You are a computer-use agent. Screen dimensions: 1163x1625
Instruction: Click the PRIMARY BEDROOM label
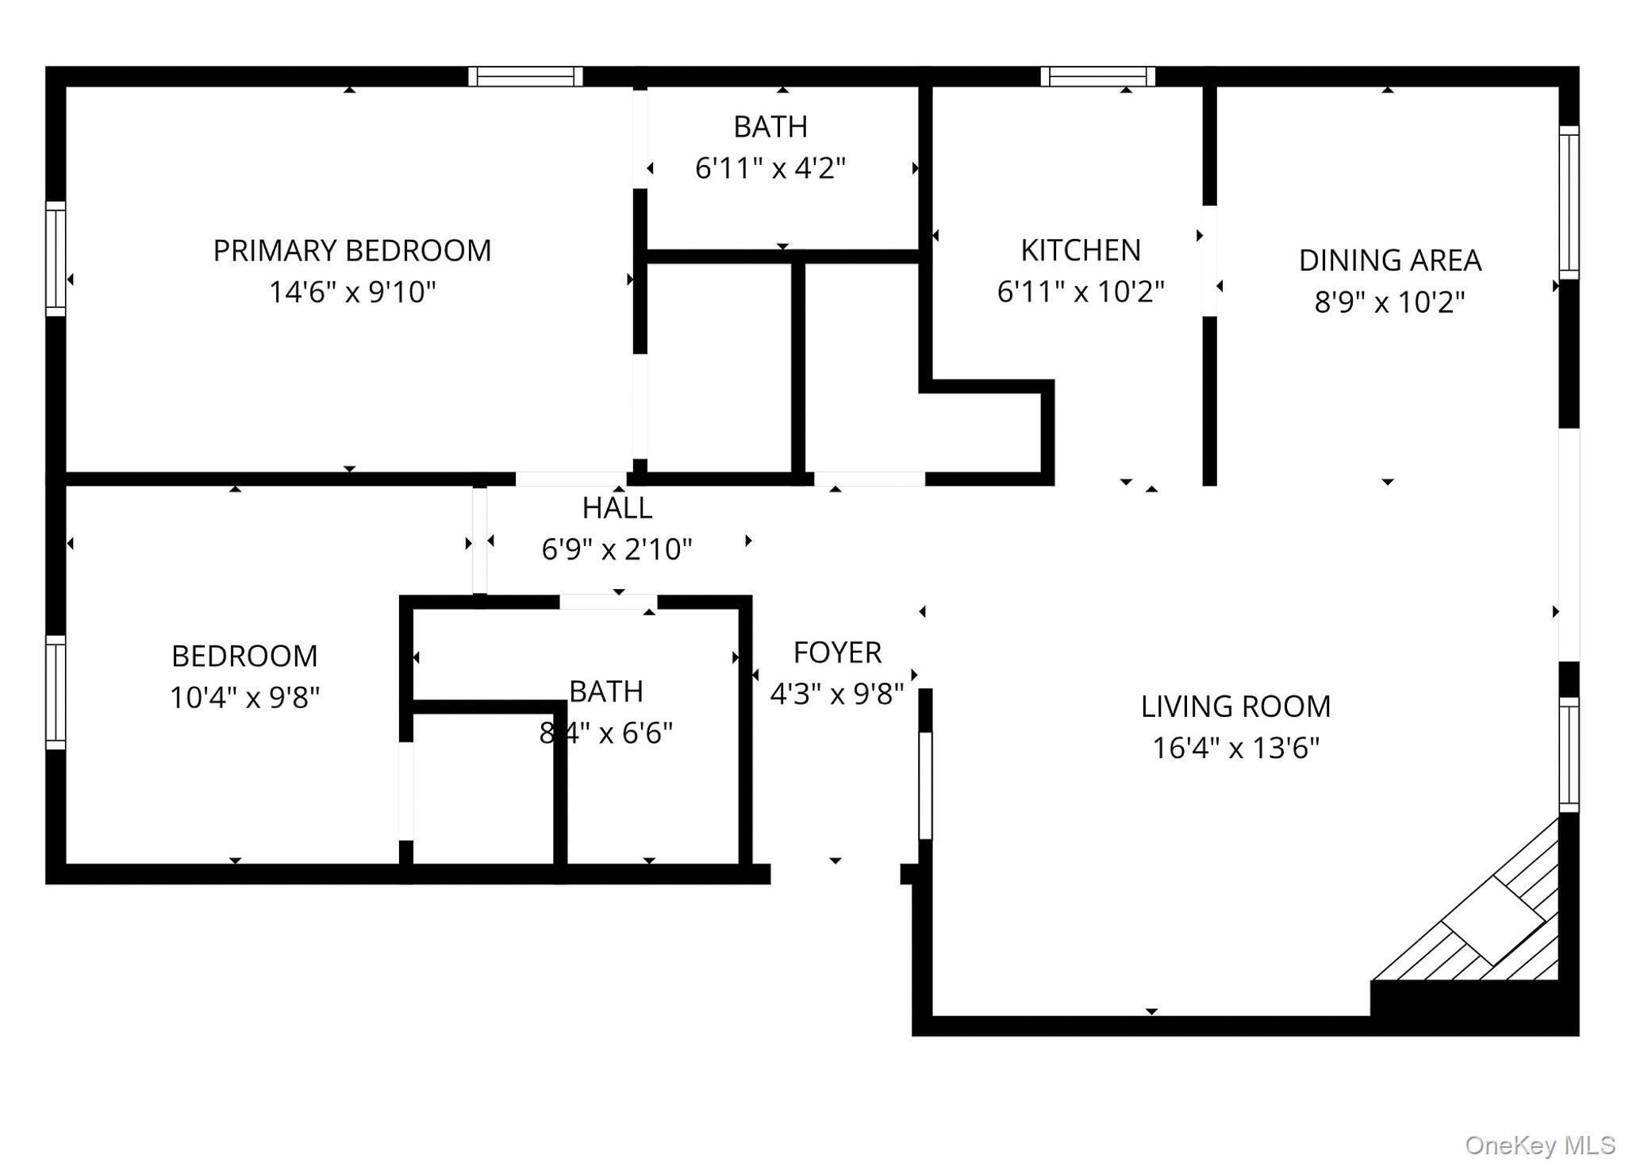352,251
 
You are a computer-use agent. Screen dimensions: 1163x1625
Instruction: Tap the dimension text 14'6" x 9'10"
352,292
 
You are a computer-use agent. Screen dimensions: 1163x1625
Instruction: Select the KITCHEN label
1081,250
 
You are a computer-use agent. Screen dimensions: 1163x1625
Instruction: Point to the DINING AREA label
1389,260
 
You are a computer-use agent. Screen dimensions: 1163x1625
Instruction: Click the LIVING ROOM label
1235,707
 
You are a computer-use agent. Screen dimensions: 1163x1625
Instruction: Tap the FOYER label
837,653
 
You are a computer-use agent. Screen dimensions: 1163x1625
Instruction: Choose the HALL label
617,508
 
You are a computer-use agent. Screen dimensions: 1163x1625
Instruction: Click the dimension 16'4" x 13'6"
1235,748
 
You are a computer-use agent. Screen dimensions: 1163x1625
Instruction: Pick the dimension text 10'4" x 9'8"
244,698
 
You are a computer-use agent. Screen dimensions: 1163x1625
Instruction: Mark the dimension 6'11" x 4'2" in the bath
770,168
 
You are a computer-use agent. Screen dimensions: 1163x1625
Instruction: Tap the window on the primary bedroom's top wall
525,76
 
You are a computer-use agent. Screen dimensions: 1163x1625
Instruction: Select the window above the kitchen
1098,76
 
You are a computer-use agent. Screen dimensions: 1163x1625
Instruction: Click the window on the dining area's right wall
1569,202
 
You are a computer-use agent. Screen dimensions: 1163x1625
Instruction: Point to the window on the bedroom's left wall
56,692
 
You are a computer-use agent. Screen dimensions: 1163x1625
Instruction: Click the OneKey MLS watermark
1539,1146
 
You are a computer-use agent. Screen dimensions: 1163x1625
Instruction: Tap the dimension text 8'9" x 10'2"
1389,302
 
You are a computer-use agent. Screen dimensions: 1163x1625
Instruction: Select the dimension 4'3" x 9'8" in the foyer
837,695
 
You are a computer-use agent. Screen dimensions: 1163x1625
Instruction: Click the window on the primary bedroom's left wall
56,258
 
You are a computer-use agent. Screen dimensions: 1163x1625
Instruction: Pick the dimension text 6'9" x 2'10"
617,549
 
